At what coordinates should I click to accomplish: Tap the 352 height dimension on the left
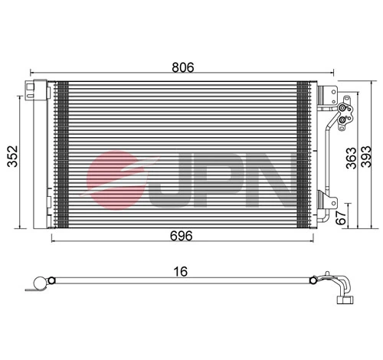[10, 155]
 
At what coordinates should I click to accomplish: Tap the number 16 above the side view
[181, 270]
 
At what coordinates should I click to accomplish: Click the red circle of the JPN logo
[115, 178]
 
